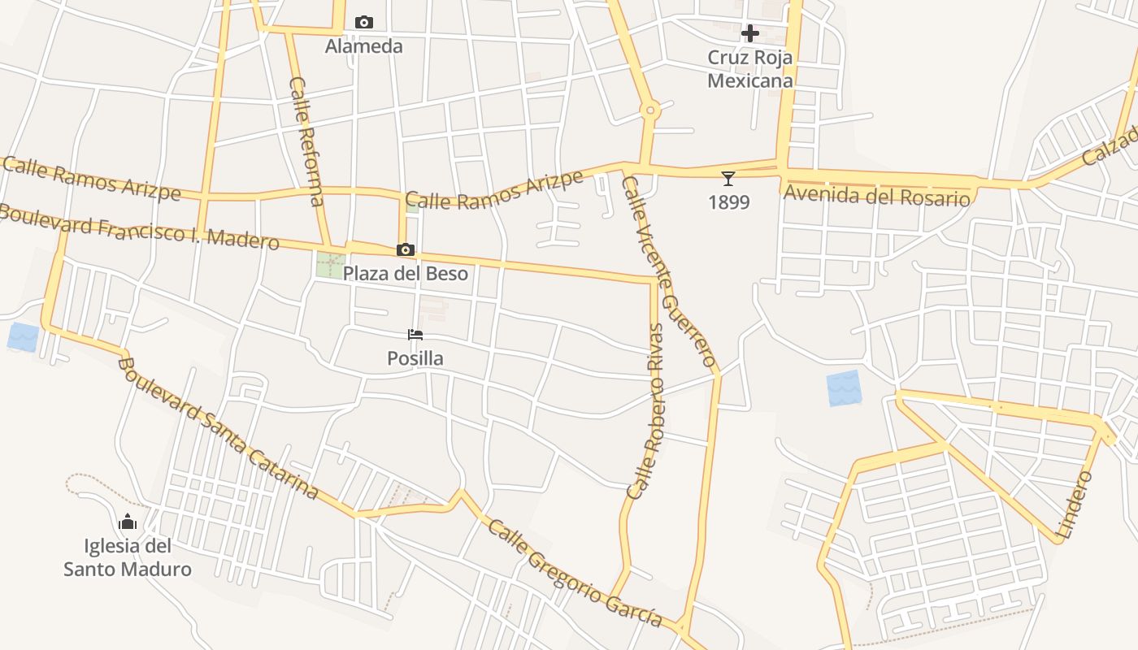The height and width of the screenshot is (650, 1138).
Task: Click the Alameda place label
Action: click(363, 46)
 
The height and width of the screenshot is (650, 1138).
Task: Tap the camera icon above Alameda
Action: click(364, 22)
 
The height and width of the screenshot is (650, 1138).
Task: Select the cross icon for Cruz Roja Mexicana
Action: click(750, 33)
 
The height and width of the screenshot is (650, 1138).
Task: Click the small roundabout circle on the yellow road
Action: click(649, 109)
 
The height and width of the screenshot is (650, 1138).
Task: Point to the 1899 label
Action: click(728, 202)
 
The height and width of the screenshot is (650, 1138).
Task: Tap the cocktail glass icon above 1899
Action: click(728, 178)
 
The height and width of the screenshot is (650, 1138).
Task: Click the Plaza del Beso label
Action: click(406, 273)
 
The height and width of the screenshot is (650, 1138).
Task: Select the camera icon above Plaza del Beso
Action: click(406, 249)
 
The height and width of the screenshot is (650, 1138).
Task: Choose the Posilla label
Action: click(415, 358)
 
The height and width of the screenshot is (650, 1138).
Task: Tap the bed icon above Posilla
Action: click(415, 334)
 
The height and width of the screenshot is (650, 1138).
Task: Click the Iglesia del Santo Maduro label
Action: click(128, 557)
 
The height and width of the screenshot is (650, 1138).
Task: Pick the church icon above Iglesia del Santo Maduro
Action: click(128, 522)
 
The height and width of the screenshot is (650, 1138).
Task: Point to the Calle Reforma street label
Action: click(306, 141)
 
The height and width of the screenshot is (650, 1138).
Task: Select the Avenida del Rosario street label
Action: click(876, 196)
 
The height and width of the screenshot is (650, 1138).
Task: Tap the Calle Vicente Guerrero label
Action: click(668, 271)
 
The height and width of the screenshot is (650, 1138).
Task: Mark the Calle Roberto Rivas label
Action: click(647, 410)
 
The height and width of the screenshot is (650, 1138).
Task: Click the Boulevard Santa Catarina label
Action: click(217, 427)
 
